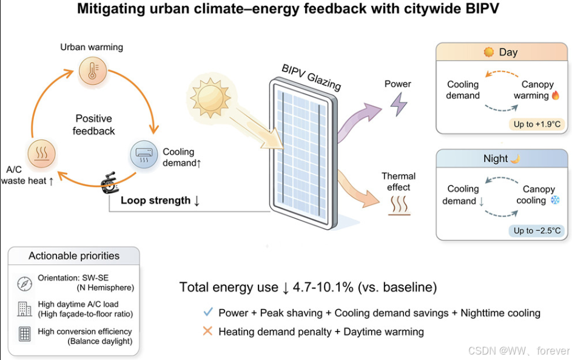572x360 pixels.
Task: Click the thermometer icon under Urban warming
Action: click(92, 72)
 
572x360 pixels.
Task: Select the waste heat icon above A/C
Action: click(42, 155)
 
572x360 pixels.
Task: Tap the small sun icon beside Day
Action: click(489, 52)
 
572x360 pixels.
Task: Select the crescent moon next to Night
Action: click(515, 159)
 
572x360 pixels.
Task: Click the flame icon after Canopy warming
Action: click(556, 96)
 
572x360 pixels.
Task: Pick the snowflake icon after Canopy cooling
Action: click(555, 200)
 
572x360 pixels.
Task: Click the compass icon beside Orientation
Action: click(24, 284)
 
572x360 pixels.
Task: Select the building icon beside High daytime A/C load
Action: click(24, 309)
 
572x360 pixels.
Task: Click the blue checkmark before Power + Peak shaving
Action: click(208, 312)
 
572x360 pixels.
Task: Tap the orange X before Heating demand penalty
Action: click(208, 331)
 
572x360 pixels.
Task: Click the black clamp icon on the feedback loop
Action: click(110, 182)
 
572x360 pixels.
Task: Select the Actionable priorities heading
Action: click(74, 256)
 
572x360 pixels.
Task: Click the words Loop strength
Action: click(155, 200)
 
